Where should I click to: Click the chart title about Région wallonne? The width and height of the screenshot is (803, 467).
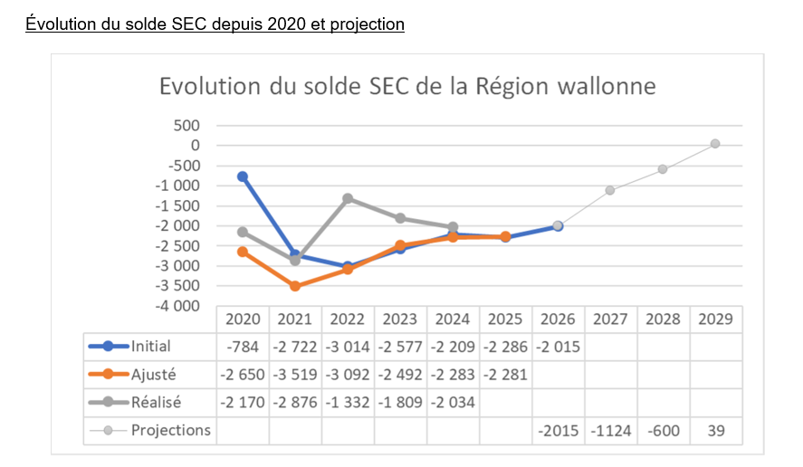click(407, 87)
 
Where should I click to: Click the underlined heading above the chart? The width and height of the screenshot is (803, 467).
click(215, 24)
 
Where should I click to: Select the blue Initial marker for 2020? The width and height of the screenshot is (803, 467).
click(243, 176)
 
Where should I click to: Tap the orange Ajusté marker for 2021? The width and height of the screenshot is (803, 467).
click(295, 286)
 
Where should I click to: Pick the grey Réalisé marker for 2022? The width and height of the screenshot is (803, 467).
click(348, 198)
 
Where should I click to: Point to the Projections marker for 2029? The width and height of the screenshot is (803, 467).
click(715, 143)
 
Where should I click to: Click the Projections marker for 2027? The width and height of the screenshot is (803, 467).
click(610, 190)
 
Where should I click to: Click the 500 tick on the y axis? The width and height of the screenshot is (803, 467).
click(186, 125)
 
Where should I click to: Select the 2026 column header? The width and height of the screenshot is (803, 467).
click(558, 319)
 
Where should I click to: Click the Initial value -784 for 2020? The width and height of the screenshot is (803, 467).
click(243, 346)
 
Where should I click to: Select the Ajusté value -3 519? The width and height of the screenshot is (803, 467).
click(295, 374)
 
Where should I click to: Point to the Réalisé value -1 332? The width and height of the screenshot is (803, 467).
click(348, 402)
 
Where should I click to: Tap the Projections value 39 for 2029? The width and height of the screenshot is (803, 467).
click(715, 430)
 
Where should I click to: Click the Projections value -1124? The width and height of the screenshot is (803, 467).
click(610, 430)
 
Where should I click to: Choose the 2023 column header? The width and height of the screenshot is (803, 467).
click(400, 319)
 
